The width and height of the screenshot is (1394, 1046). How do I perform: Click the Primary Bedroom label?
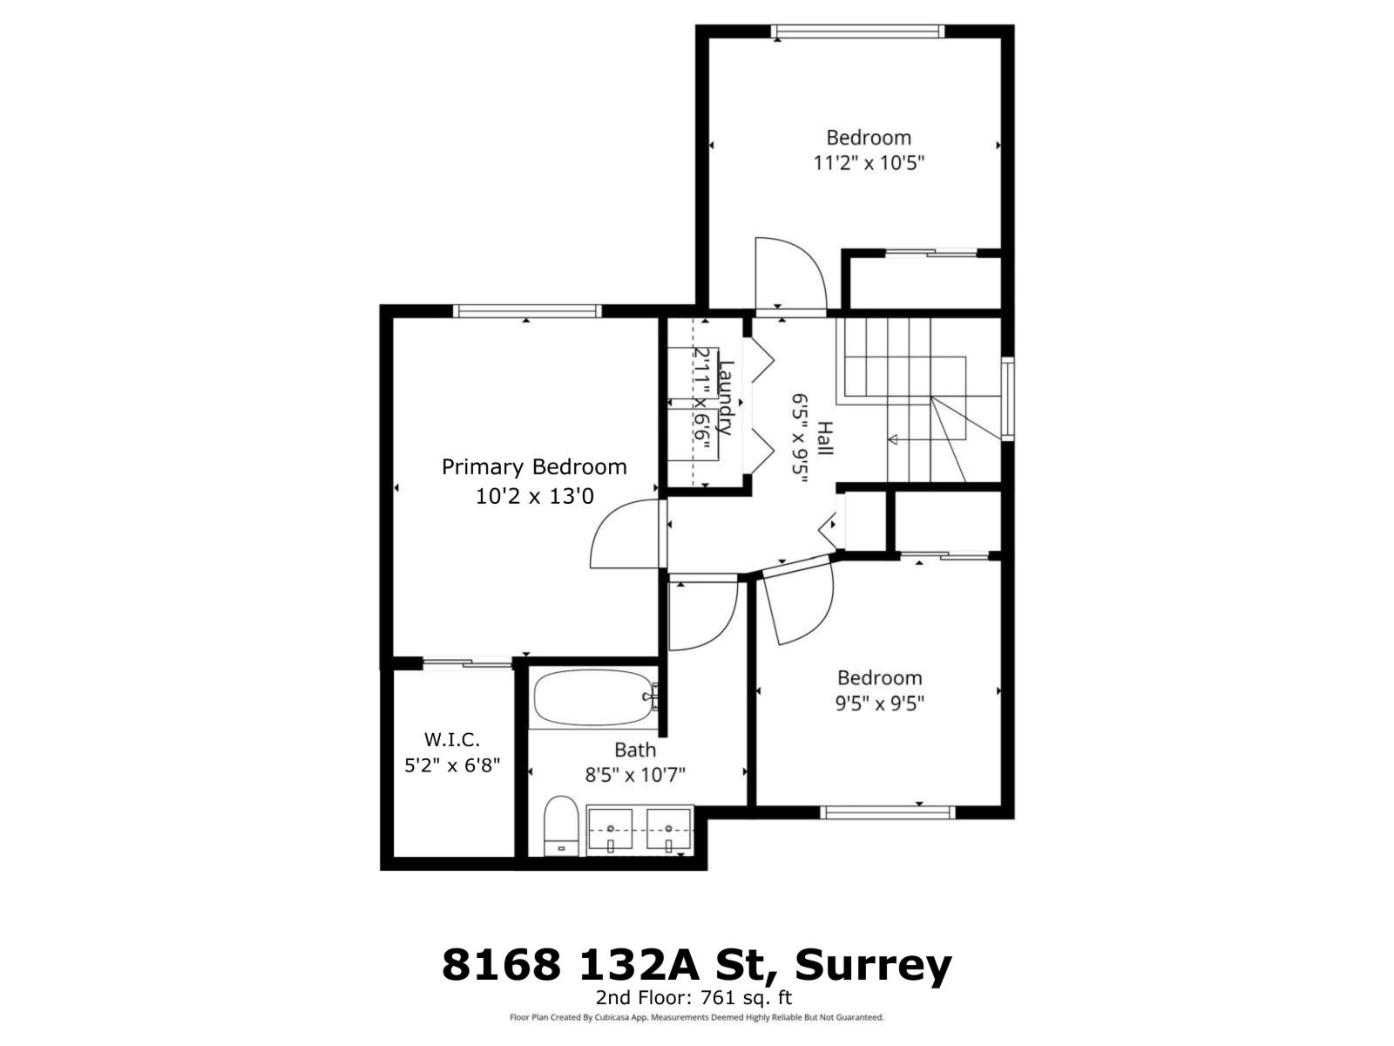point(533,467)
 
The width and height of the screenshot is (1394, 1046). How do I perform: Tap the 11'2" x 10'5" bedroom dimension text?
point(868,163)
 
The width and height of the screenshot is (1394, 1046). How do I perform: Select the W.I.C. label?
point(452,740)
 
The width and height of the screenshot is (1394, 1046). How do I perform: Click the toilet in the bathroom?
point(560,825)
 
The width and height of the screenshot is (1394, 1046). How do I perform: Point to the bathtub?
point(592,698)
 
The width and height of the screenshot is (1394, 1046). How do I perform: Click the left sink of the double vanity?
point(612,831)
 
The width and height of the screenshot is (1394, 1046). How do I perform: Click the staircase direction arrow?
point(893,439)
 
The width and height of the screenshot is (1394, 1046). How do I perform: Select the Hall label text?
point(824,438)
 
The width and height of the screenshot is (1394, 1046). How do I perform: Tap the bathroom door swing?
point(702,615)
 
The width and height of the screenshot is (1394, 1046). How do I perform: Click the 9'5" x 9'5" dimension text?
point(879,703)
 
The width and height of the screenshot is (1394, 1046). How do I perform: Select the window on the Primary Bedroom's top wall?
point(527,311)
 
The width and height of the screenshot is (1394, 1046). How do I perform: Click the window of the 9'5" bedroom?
point(888,812)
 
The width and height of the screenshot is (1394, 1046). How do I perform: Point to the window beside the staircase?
point(1008,398)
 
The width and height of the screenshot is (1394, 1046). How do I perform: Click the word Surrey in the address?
point(874,966)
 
